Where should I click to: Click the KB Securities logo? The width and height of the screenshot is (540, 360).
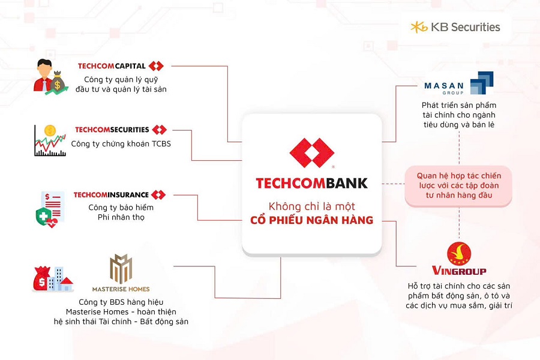[x=455, y=27]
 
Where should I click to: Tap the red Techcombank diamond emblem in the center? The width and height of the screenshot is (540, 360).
[x=311, y=152]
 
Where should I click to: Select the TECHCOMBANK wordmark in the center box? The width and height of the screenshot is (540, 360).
[x=311, y=183]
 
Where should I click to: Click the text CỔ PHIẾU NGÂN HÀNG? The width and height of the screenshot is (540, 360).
[x=311, y=220]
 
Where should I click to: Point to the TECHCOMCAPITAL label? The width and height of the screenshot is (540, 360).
[x=120, y=66]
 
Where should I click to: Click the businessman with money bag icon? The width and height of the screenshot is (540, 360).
[x=50, y=77]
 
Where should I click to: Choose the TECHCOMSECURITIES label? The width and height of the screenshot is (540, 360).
[x=120, y=130]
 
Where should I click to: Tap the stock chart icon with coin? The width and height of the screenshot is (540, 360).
[x=50, y=140]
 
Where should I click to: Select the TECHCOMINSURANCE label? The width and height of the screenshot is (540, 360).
[x=119, y=195]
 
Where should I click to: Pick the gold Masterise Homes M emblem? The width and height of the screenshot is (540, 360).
[x=121, y=268]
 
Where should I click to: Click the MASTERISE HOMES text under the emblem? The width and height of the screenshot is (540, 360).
[x=121, y=289]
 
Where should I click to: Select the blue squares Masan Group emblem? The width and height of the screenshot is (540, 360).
[x=481, y=83]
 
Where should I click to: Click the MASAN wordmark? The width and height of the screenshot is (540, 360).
[x=444, y=86]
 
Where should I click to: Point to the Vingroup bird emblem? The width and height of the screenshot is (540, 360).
[x=459, y=253]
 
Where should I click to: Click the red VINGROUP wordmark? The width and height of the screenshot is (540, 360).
[x=459, y=271]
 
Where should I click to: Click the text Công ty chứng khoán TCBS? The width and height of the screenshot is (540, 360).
[x=121, y=144]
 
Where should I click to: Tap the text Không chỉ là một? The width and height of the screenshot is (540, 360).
[x=311, y=206]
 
